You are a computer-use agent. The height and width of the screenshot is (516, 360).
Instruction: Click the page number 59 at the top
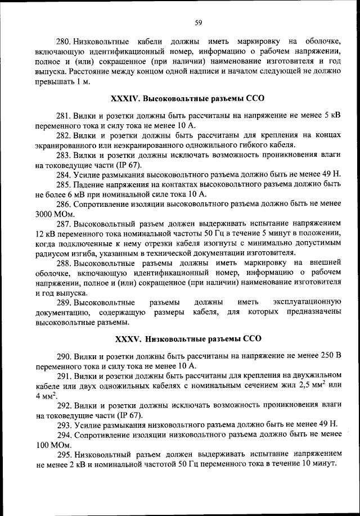[198, 22]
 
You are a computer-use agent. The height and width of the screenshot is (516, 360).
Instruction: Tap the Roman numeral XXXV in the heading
[128, 339]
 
